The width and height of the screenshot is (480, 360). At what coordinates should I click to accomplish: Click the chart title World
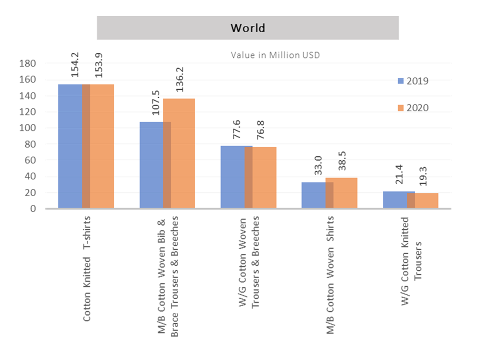247,27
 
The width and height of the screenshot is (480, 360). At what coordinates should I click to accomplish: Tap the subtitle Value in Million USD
275,55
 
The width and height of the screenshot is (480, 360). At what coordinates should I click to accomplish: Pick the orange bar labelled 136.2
179,153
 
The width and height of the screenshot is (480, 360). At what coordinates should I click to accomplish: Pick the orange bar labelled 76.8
264,177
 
